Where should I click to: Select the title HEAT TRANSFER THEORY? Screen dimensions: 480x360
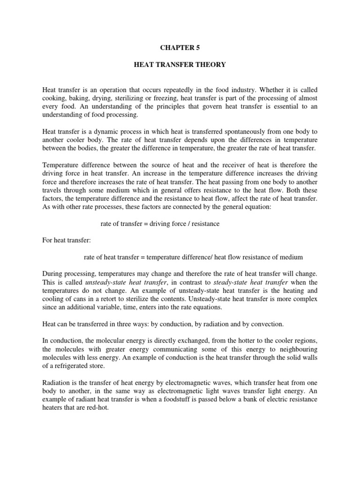click(180, 65)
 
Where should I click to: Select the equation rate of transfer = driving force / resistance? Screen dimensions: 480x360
click(160, 224)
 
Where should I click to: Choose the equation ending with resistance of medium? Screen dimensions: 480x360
click(193, 257)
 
